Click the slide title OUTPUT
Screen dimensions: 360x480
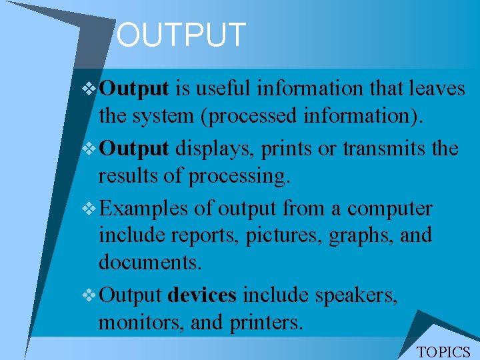[x=181, y=35]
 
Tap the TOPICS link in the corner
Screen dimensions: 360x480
[x=443, y=351]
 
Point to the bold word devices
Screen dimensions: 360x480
[x=202, y=295]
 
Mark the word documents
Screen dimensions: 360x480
[x=150, y=262]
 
